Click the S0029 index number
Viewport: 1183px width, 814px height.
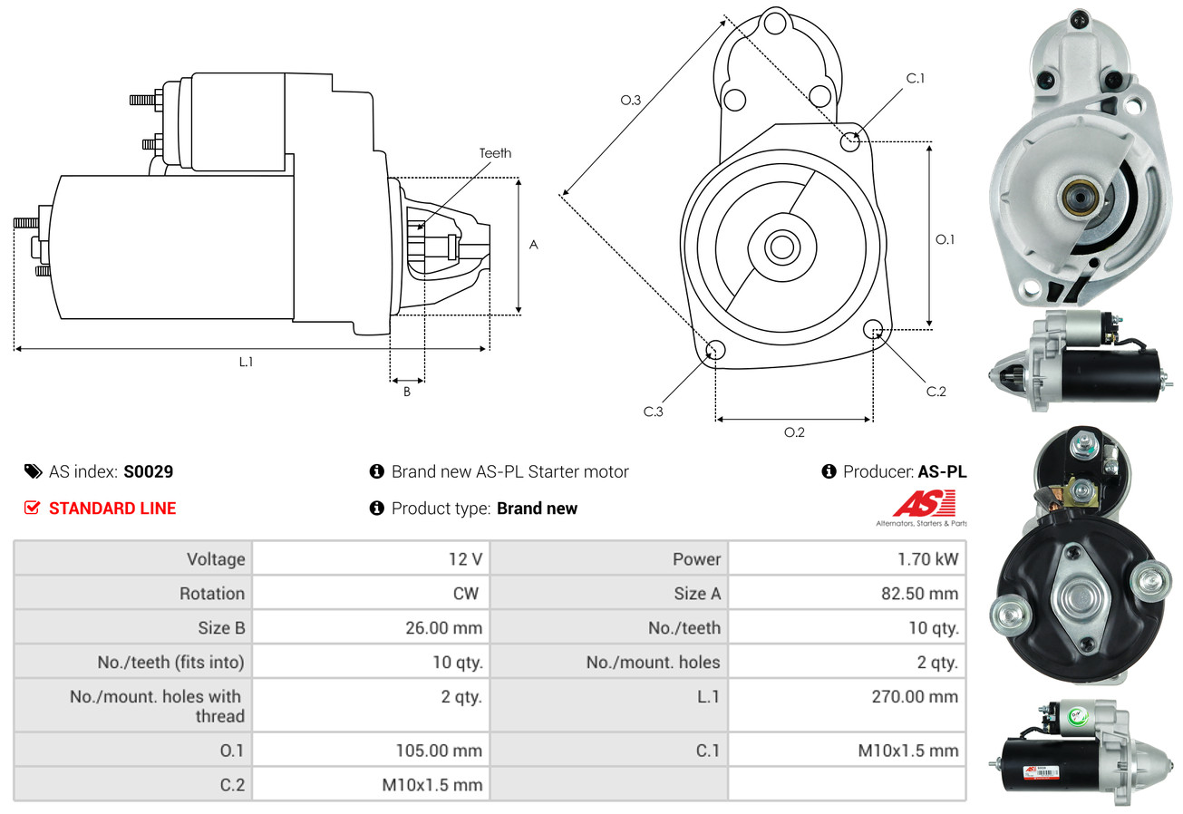148,471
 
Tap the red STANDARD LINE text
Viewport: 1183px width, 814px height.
112,509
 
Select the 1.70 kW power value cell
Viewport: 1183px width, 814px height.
927,558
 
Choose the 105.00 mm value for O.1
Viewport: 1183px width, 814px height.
439,751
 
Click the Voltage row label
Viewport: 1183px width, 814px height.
216,558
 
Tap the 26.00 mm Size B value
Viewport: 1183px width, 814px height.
443,627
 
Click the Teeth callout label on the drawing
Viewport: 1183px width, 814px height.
495,153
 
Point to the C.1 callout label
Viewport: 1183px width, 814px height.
915,78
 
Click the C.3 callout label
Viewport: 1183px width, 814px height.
654,412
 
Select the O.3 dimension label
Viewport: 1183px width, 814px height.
631,101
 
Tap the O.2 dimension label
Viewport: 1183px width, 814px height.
794,432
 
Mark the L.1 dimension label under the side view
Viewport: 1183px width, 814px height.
246,362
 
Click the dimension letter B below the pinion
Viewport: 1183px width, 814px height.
407,392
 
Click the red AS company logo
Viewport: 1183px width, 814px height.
923,504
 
